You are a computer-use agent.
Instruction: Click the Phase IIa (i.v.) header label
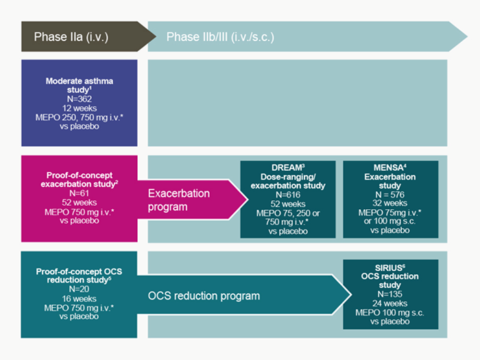pos(71,37)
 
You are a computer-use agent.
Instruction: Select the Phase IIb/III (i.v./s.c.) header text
pos(220,37)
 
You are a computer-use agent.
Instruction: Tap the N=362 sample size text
pos(80,99)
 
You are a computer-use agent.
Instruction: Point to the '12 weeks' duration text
pos(80,108)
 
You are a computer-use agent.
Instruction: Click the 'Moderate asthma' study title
pos(80,81)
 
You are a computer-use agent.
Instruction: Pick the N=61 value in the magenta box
pos(80,193)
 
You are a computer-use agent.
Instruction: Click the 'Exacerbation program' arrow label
pos(179,200)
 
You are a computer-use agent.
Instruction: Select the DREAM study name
pos(287,168)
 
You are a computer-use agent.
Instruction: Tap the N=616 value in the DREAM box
pos(288,195)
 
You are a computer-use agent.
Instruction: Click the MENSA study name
pos(389,168)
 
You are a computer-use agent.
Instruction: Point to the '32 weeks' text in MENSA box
pos(389,203)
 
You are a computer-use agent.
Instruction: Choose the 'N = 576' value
pos(389,194)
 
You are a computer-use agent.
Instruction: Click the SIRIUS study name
pos(389,268)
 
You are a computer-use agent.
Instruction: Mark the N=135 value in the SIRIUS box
pos(389,294)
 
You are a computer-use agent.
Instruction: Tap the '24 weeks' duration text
pos(389,303)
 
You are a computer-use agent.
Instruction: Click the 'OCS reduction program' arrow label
pos(204,296)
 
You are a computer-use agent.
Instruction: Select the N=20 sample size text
pos(79,289)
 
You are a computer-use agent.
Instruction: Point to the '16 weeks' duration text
pos(79,298)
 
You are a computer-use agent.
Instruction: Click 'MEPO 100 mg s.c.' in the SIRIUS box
pos(389,313)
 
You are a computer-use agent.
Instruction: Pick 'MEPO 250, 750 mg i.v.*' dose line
pos(80,117)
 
